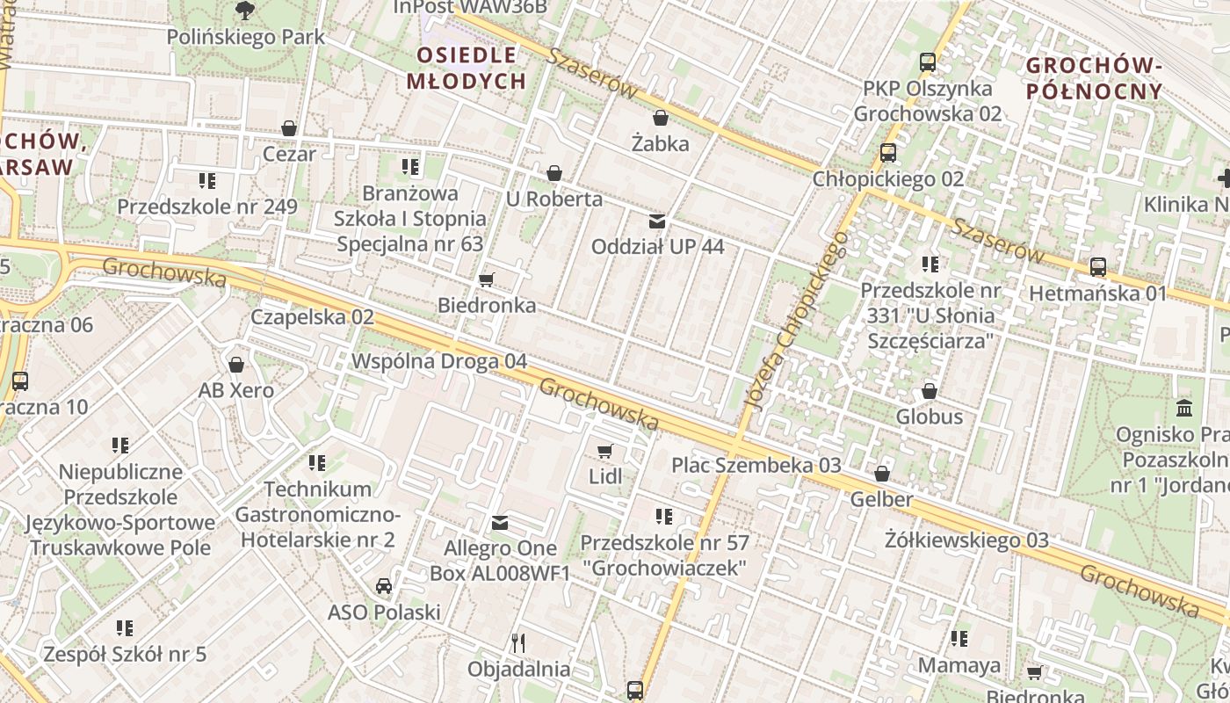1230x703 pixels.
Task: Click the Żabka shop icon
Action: [661, 118]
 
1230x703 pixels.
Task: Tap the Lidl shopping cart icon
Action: [604, 452]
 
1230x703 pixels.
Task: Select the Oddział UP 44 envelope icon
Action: [657, 221]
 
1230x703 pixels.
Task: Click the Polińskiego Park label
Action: [246, 38]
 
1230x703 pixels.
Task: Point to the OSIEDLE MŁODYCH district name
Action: [467, 68]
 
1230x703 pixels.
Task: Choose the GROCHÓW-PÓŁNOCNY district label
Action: [1094, 77]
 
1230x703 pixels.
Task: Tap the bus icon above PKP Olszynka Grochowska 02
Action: [928, 62]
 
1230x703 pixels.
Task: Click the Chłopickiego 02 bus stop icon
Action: [888, 153]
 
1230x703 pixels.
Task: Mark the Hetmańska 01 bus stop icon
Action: [1098, 267]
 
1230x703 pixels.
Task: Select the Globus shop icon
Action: [930, 391]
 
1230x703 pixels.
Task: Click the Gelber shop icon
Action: [882, 474]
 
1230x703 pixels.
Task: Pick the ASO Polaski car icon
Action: [384, 586]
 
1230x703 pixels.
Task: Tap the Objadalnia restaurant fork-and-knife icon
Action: [518, 643]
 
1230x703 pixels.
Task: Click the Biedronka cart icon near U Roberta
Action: [486, 280]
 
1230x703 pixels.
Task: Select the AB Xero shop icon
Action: [236, 365]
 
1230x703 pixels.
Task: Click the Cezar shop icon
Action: [289, 129]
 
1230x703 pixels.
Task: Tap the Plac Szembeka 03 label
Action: [756, 465]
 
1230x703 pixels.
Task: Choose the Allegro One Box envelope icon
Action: [500, 524]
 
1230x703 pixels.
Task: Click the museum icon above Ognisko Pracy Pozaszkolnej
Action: [1183, 409]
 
